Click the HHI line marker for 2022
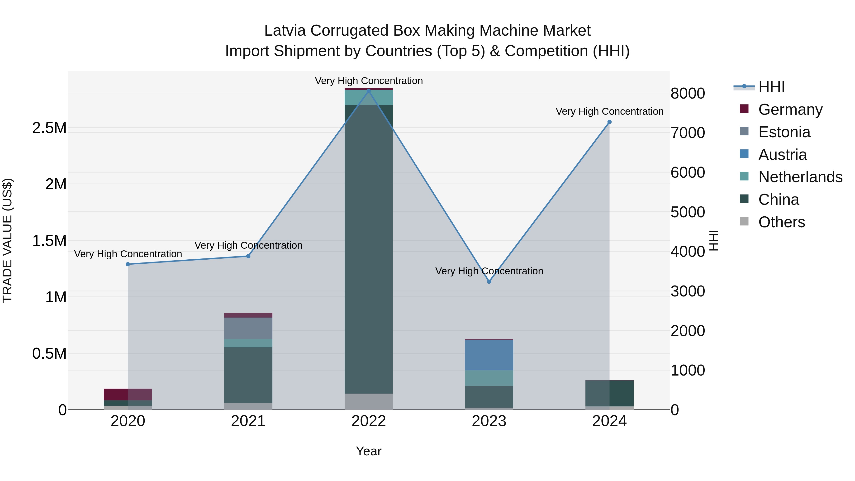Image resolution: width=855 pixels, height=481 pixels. [x=368, y=91]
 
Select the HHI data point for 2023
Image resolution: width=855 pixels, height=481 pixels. [x=489, y=281]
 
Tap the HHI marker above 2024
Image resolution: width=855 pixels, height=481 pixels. [x=609, y=122]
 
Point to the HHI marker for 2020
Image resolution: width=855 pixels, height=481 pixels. [x=128, y=264]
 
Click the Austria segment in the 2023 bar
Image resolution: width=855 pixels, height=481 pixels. [x=489, y=355]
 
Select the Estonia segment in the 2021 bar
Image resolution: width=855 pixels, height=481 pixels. [x=248, y=328]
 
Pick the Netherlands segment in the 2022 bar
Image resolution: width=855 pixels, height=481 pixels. [x=368, y=97]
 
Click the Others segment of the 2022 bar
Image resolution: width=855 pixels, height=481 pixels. [x=368, y=401]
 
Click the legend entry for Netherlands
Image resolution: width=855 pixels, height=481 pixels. [x=800, y=177]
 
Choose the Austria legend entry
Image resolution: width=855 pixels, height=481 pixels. [x=782, y=155]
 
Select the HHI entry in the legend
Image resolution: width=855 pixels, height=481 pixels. [x=771, y=87]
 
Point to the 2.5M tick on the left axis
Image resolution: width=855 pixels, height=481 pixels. [x=49, y=128]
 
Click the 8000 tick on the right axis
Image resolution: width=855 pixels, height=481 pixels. [x=687, y=93]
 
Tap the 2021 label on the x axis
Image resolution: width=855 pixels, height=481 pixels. [x=248, y=421]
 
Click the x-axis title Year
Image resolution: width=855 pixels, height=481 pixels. [x=368, y=451]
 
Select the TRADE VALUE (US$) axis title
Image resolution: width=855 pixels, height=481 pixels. [x=7, y=240]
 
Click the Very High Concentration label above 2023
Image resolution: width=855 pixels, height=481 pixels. [x=489, y=271]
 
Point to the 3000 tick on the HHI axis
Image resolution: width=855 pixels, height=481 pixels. [x=687, y=291]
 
